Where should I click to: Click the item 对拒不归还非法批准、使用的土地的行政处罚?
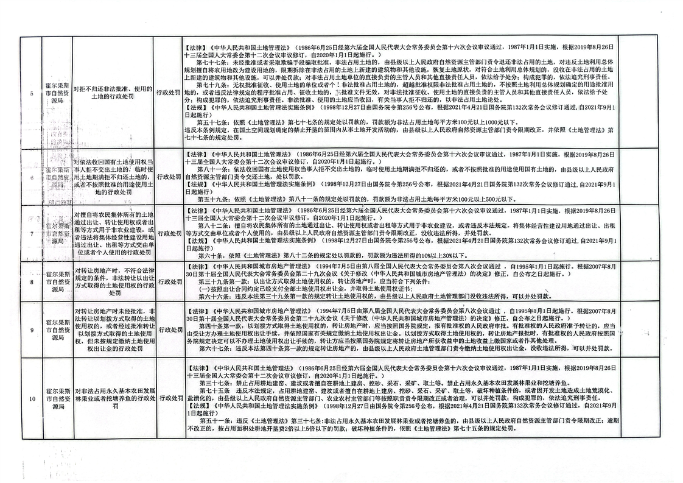(114, 92)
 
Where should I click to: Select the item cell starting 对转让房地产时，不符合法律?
(114, 282)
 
